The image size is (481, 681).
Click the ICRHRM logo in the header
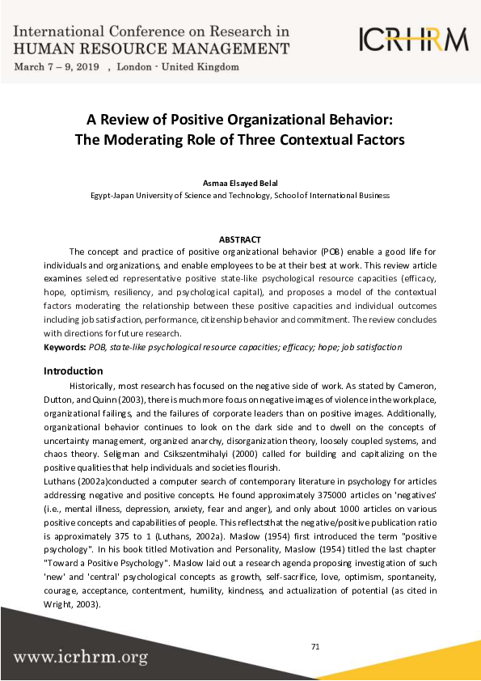(413, 38)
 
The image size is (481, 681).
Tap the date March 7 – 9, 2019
(57, 66)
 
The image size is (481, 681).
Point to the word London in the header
(135, 66)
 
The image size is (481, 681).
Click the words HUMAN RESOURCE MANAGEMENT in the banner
(151, 49)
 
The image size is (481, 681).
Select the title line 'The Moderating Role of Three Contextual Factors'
(239, 139)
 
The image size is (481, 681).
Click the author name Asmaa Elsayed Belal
(240, 183)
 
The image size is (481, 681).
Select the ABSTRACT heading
(240, 239)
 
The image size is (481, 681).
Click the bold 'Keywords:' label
(65, 346)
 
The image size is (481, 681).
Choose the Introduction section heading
(73, 371)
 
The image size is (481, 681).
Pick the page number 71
(316, 646)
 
